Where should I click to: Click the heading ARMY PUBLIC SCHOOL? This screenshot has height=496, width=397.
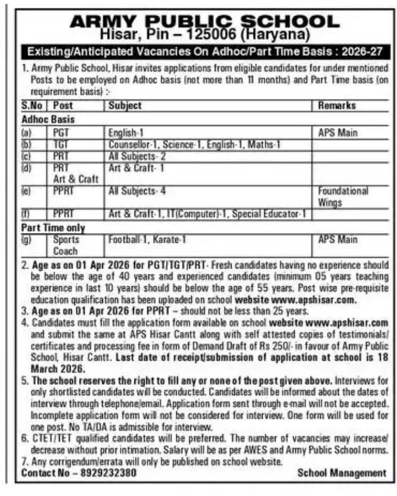(204, 21)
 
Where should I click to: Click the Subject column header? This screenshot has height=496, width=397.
(125, 106)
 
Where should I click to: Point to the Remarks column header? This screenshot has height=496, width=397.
(337, 106)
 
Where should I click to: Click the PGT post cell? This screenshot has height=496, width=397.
(60, 134)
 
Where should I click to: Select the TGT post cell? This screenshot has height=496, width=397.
(60, 145)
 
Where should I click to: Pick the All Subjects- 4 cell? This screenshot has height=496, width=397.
(137, 191)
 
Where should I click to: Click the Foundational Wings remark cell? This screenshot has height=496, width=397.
(343, 196)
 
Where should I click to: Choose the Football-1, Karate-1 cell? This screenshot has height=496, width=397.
(147, 240)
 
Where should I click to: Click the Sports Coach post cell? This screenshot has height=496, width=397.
(66, 245)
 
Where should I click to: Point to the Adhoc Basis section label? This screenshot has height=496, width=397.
(48, 120)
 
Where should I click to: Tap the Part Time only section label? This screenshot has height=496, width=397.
(53, 229)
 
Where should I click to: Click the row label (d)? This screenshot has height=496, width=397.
(27, 168)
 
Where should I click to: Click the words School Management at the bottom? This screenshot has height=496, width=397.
(342, 473)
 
